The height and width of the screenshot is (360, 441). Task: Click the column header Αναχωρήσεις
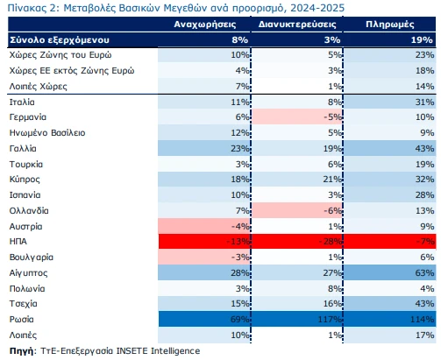tap(205, 25)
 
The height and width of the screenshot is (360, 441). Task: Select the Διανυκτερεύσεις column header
tap(297, 25)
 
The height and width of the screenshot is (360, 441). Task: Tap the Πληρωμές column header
tap(390, 25)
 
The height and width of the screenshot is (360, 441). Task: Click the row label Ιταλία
tap(22, 102)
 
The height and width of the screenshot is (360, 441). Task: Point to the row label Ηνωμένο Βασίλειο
tap(47, 133)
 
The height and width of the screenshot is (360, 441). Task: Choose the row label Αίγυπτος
tap(28, 273)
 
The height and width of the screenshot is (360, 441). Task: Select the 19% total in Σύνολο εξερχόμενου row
tap(422, 40)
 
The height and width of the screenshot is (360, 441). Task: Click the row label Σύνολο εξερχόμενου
tap(60, 40)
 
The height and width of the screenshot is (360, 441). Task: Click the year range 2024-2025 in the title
tap(317, 8)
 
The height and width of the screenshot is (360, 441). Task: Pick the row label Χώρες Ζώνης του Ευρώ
tap(60, 55)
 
